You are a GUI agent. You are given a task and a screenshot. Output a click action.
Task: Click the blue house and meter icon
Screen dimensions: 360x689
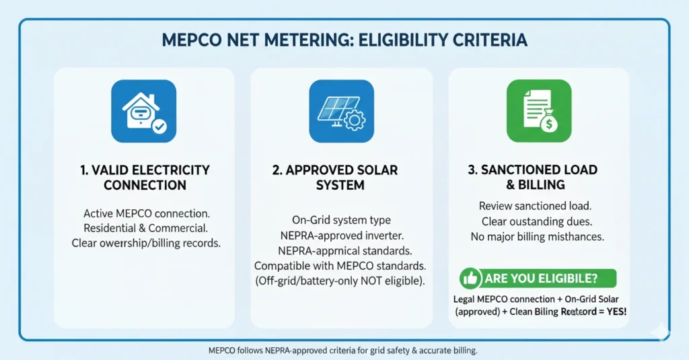point(144,112)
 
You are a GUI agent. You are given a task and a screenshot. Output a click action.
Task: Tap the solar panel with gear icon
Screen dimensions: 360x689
point(341,112)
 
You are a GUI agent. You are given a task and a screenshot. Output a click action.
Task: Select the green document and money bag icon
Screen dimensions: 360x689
point(538,112)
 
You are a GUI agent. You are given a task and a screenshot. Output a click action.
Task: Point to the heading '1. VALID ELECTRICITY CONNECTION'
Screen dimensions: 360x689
point(144,177)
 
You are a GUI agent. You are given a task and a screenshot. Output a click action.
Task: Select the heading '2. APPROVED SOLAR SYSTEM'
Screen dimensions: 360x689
point(341,177)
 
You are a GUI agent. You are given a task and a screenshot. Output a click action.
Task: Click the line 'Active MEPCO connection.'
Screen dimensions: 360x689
point(146,214)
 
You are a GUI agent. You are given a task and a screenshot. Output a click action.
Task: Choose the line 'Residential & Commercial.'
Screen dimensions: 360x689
point(146,228)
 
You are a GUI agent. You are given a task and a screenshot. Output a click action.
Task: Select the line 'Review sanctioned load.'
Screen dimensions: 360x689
point(536,206)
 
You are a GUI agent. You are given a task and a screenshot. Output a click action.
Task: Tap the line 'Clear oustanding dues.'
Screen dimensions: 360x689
point(536,221)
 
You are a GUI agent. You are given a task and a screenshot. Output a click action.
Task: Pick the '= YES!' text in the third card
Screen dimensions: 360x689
point(610,312)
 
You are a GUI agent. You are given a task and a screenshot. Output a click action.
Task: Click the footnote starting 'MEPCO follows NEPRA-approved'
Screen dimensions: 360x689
point(343,351)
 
